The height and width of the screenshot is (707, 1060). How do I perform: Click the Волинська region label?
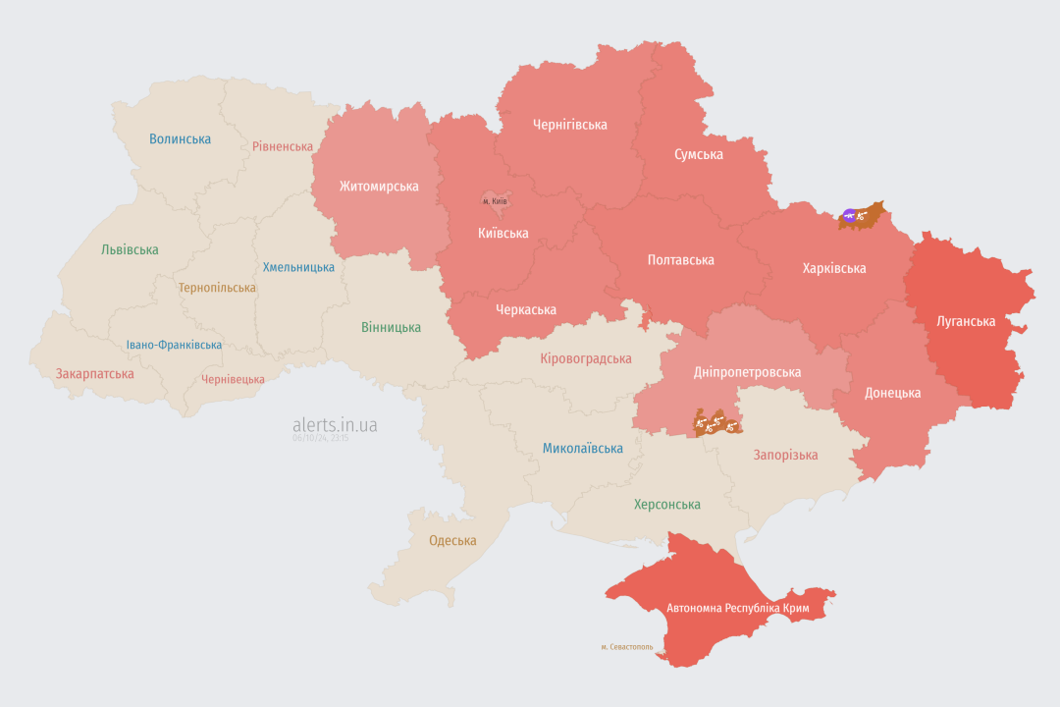click(x=180, y=139)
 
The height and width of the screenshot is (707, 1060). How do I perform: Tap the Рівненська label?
click(x=282, y=146)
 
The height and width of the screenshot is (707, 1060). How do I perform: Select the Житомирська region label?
click(x=379, y=187)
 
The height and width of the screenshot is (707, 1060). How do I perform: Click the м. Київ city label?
click(x=495, y=201)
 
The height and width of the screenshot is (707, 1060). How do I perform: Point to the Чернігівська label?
click(x=569, y=125)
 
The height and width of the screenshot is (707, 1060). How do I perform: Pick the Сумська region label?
click(x=699, y=155)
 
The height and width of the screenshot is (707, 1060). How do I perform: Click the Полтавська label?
click(x=680, y=260)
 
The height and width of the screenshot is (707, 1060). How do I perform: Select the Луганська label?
click(x=966, y=321)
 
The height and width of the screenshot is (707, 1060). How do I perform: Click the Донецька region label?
click(x=892, y=393)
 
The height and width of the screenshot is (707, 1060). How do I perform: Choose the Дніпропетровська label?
click(x=747, y=372)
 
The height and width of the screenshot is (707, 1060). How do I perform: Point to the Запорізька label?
click(x=785, y=455)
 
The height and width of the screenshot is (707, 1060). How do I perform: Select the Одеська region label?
click(x=452, y=541)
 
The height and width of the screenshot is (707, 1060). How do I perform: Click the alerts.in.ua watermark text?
click(x=335, y=425)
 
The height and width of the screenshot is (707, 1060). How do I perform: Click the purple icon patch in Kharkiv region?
click(x=850, y=214)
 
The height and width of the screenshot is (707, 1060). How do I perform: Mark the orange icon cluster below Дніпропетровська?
click(x=716, y=424)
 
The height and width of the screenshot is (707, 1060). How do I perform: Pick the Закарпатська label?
click(x=94, y=374)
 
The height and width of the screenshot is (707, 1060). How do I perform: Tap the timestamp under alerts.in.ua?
click(x=320, y=438)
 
